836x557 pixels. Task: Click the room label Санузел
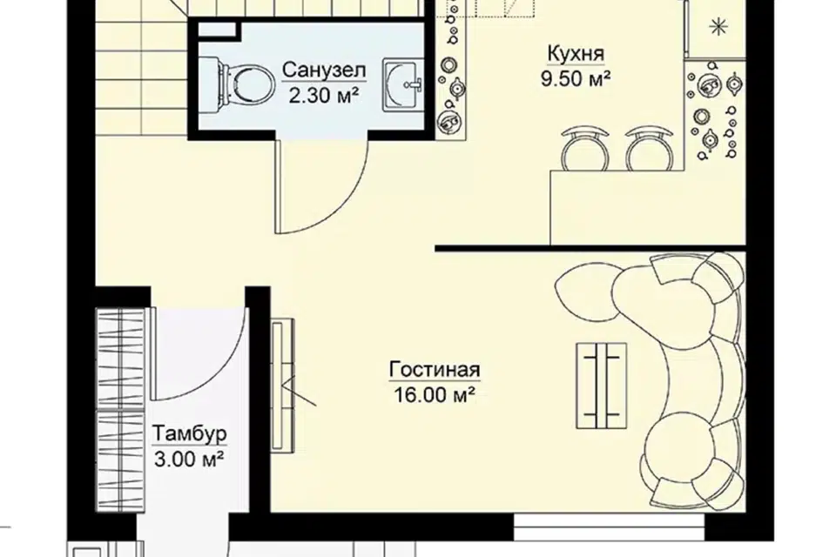click(324, 70)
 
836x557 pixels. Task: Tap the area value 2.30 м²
click(323, 96)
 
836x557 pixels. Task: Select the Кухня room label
click(576, 54)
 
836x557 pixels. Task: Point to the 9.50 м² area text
click(576, 79)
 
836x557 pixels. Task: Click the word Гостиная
click(435, 369)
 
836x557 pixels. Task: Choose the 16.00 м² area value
click(435, 395)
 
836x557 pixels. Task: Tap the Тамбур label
click(189, 433)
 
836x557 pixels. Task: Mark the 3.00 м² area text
click(189, 459)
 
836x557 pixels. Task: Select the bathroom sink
click(403, 84)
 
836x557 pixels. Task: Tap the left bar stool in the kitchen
click(585, 148)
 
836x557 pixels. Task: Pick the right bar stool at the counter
click(649, 148)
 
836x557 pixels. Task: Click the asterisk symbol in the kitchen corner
click(719, 26)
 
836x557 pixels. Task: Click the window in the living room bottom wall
click(610, 527)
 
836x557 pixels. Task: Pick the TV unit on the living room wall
click(281, 386)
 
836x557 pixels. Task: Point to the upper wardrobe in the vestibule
click(121, 359)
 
